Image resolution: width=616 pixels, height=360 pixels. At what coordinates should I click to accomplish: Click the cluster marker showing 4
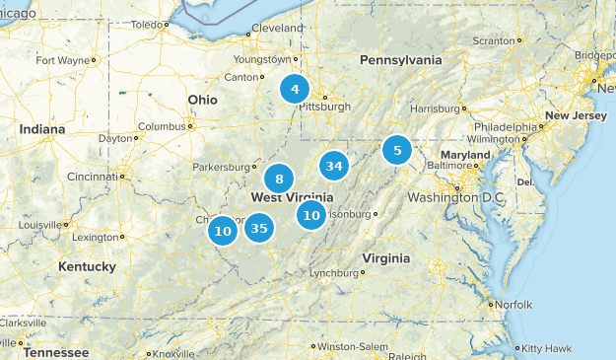pyautogui.click(x=294, y=89)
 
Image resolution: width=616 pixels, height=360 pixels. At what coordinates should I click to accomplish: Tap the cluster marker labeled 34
pyautogui.click(x=334, y=166)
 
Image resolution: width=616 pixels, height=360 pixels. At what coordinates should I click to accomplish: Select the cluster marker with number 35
pyautogui.click(x=259, y=229)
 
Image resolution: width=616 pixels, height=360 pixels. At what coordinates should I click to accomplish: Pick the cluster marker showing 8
pyautogui.click(x=280, y=179)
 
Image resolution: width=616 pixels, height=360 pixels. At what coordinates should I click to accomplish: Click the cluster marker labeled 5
pyautogui.click(x=397, y=150)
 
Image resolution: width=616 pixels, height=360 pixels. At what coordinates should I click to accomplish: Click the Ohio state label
pyautogui.click(x=203, y=100)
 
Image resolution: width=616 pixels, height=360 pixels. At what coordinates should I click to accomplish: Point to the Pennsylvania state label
pyautogui.click(x=400, y=60)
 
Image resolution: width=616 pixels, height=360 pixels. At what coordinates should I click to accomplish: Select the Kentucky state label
pyautogui.click(x=87, y=266)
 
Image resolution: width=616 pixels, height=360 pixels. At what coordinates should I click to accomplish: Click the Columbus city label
pyautogui.click(x=161, y=126)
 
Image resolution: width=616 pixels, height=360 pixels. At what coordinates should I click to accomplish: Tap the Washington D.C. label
pyautogui.click(x=454, y=198)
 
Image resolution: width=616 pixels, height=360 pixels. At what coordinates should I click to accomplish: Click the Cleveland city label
pyautogui.click(x=277, y=29)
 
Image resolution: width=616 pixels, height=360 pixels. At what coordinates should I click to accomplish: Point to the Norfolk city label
pyautogui.click(x=513, y=304)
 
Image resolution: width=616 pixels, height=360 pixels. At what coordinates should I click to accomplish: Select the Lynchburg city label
pyautogui.click(x=330, y=273)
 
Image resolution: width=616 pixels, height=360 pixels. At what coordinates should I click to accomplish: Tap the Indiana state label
pyautogui.click(x=40, y=129)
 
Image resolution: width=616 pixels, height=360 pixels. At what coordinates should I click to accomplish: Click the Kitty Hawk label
pyautogui.click(x=546, y=348)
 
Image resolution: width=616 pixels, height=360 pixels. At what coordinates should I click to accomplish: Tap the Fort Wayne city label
pyautogui.click(x=62, y=60)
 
